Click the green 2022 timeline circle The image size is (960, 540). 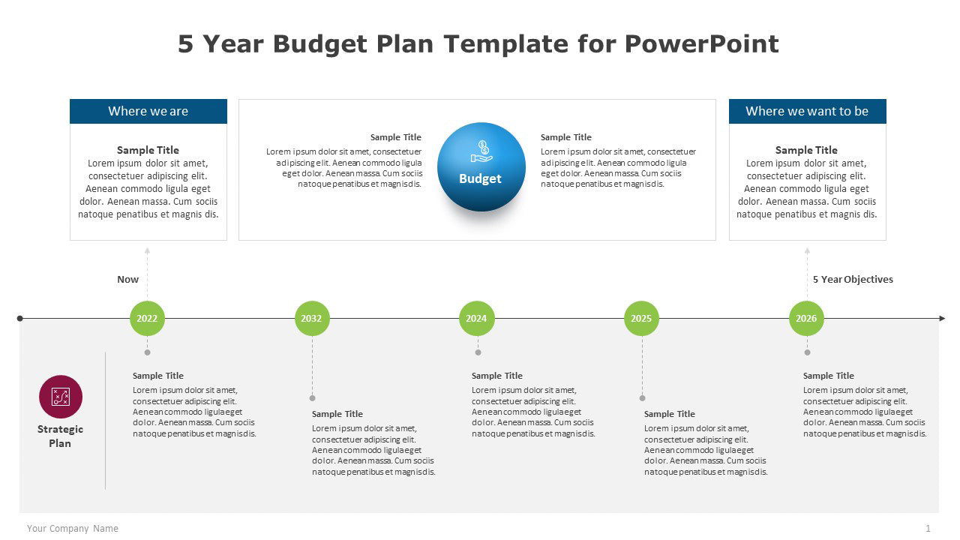(147, 318)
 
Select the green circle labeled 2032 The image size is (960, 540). (311, 318)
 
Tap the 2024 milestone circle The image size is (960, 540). (476, 318)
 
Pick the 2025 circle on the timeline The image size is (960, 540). (641, 318)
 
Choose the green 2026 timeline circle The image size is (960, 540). (806, 318)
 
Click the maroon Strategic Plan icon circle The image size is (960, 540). (61, 397)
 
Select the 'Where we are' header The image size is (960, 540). (148, 111)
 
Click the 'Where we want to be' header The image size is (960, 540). (807, 111)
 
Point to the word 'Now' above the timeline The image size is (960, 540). (127, 279)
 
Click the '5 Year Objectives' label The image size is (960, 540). (853, 279)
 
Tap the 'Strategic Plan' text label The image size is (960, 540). (60, 436)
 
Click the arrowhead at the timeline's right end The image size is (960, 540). (942, 318)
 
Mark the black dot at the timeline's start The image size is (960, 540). (20, 318)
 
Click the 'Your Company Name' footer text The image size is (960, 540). (73, 529)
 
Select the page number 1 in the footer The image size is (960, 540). (928, 529)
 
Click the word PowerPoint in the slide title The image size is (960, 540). (701, 43)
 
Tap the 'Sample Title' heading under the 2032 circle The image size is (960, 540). (337, 414)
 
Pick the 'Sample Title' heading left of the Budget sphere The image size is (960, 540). (396, 137)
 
